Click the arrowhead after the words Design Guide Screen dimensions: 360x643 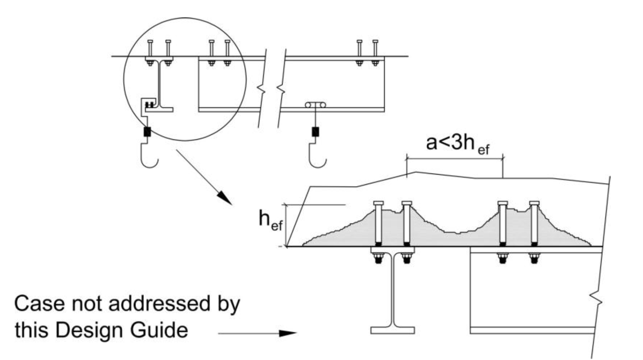pyautogui.click(x=288, y=333)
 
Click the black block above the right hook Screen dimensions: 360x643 pyautogui.click(x=315, y=131)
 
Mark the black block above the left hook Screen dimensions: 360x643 pyautogui.click(x=147, y=131)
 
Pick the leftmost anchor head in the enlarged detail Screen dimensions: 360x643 pyautogui.click(x=377, y=203)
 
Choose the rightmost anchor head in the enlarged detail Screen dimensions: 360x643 pyautogui.click(x=534, y=203)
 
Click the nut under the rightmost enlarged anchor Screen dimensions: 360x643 pyautogui.click(x=534, y=259)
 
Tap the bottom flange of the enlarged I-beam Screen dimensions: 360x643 pyautogui.click(x=398, y=329)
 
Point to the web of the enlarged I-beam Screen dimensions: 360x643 pyautogui.click(x=398, y=290)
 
